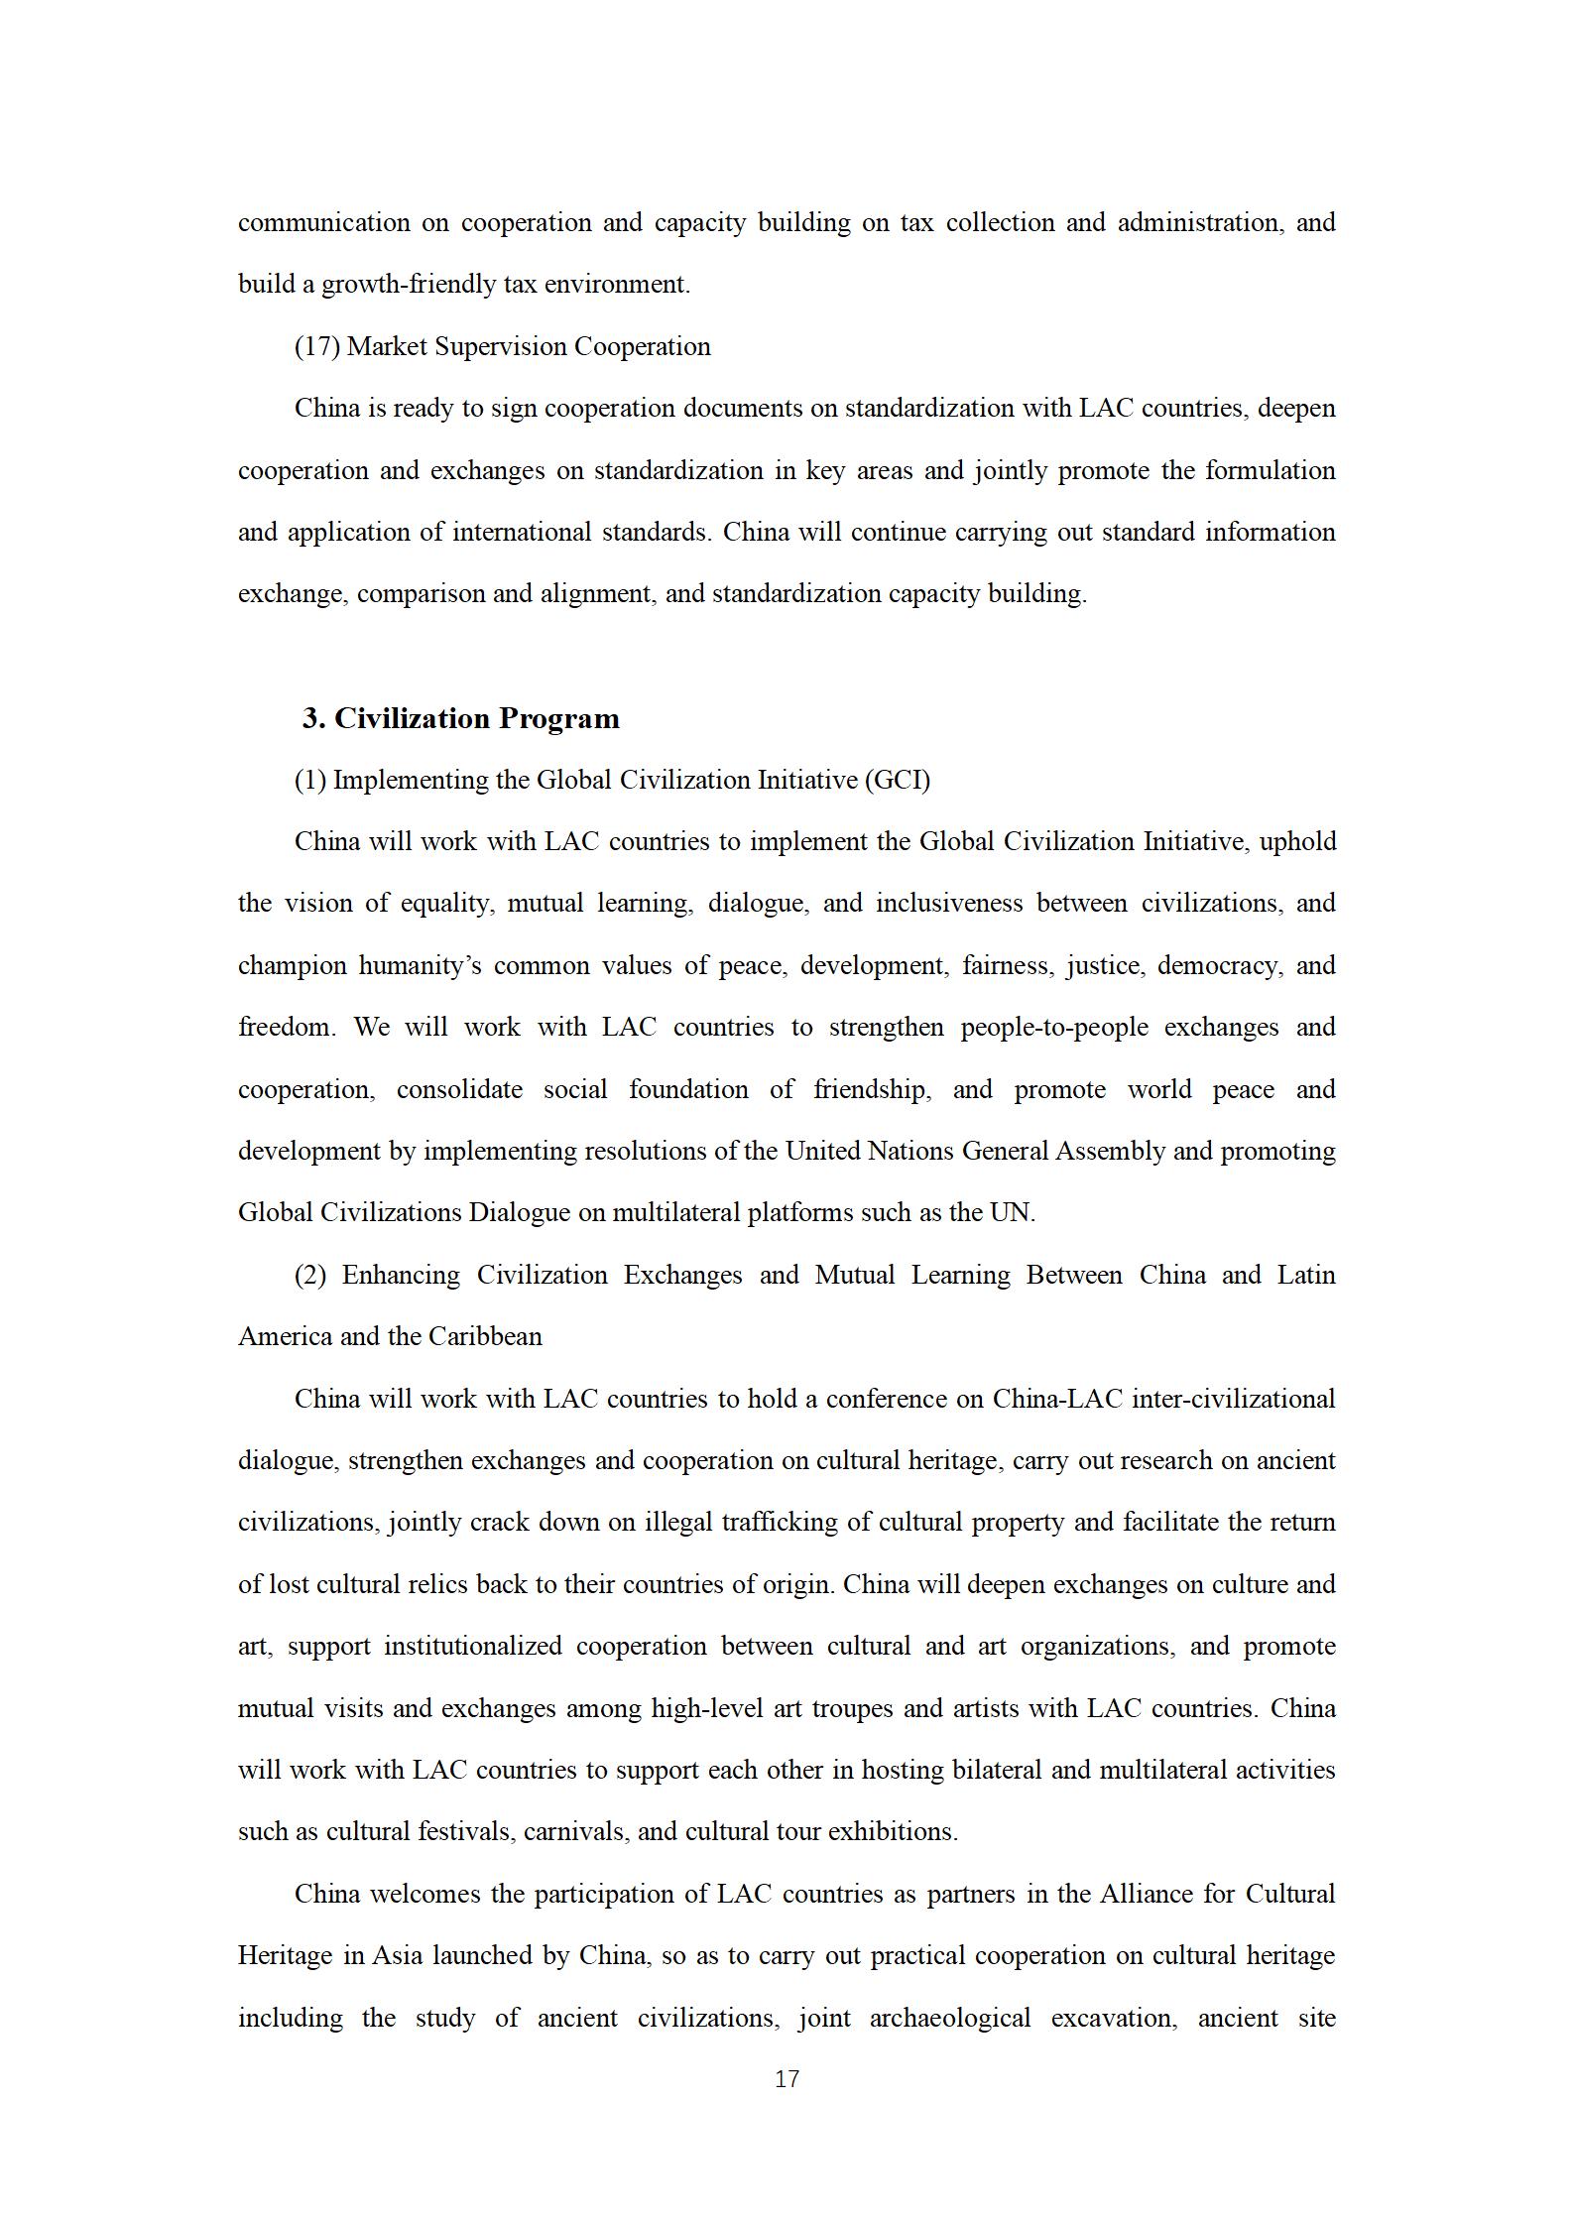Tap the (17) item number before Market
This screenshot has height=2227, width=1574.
(317, 346)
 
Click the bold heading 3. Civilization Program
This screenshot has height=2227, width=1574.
(461, 718)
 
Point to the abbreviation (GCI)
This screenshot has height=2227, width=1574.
(898, 780)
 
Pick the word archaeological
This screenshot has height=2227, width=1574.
(949, 2018)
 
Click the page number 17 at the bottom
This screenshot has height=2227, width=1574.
(787, 2079)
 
